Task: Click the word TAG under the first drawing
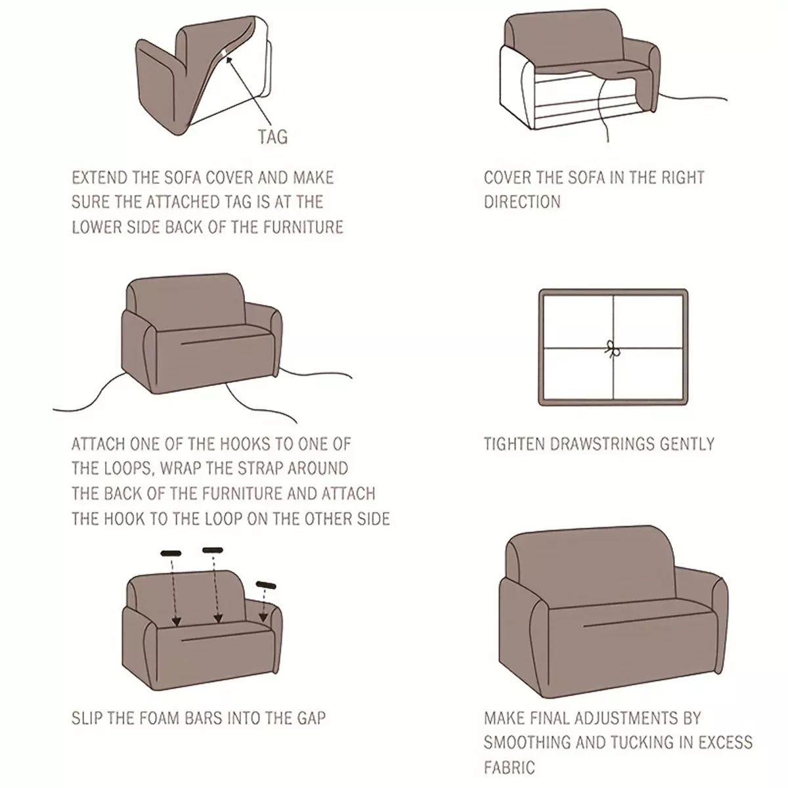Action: point(273,137)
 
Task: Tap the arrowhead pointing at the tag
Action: point(229,60)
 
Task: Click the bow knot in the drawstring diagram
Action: point(612,349)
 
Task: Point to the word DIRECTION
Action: point(522,202)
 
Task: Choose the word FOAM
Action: point(157,718)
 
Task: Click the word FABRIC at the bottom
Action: point(509,768)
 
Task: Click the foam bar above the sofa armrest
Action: point(266,585)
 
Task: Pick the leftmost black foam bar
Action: point(171,554)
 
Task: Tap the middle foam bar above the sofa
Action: point(213,550)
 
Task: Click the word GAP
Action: point(311,718)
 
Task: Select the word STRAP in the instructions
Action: point(260,468)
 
